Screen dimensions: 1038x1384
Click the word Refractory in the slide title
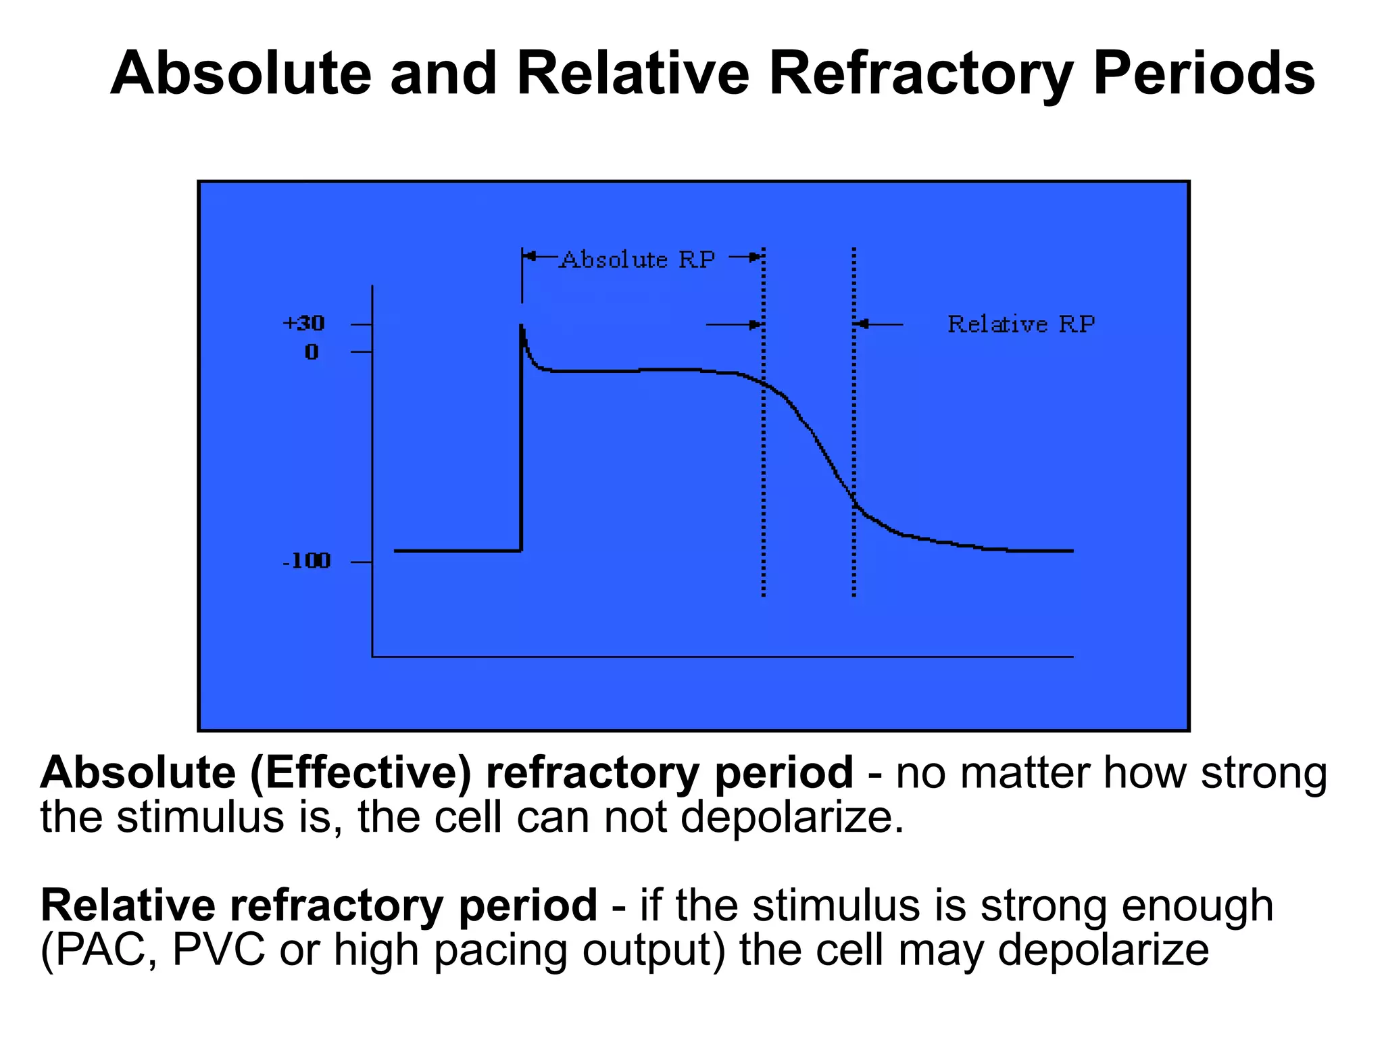[x=920, y=74]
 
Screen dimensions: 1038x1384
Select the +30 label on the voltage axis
[x=303, y=324]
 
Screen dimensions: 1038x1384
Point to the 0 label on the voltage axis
[x=311, y=352]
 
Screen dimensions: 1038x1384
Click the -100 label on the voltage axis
[x=307, y=561]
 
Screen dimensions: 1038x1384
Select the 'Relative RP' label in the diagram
[x=1020, y=324]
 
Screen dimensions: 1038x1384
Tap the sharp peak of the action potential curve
[x=522, y=326]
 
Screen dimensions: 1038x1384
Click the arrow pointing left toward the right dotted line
[x=879, y=324]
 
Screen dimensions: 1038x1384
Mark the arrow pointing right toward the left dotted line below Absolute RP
[x=733, y=324]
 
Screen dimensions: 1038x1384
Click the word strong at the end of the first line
[x=1264, y=774]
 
